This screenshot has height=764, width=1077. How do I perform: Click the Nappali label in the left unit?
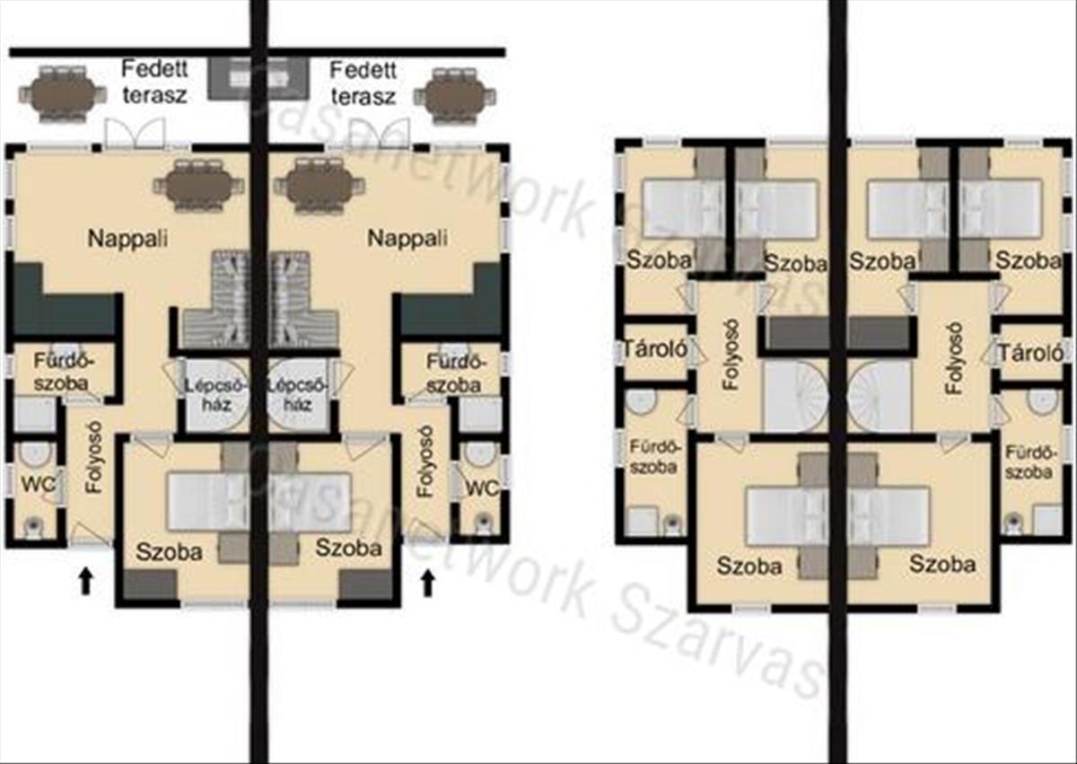tap(127, 239)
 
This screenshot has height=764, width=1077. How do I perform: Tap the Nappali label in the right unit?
tap(407, 238)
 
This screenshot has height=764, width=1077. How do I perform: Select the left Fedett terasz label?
tap(154, 83)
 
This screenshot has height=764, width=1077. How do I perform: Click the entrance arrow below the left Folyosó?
tap(85, 581)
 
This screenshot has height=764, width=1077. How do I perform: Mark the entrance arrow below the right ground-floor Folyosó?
tap(428, 583)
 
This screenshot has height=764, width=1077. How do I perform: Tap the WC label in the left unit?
tap(38, 485)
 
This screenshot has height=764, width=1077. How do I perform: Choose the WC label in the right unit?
tap(483, 488)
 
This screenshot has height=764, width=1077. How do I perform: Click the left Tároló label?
tap(655, 348)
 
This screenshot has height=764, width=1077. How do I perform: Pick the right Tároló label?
tap(1031, 354)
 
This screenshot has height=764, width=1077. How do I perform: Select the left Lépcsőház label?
tap(217, 394)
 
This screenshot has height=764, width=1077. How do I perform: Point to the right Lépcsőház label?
tap(297, 394)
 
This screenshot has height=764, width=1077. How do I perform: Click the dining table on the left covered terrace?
tap(63, 93)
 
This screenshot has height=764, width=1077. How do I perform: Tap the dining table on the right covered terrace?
tap(454, 96)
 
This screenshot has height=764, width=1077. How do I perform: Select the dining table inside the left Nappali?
tap(198, 186)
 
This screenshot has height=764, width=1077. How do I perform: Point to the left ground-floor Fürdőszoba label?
tap(62, 373)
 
